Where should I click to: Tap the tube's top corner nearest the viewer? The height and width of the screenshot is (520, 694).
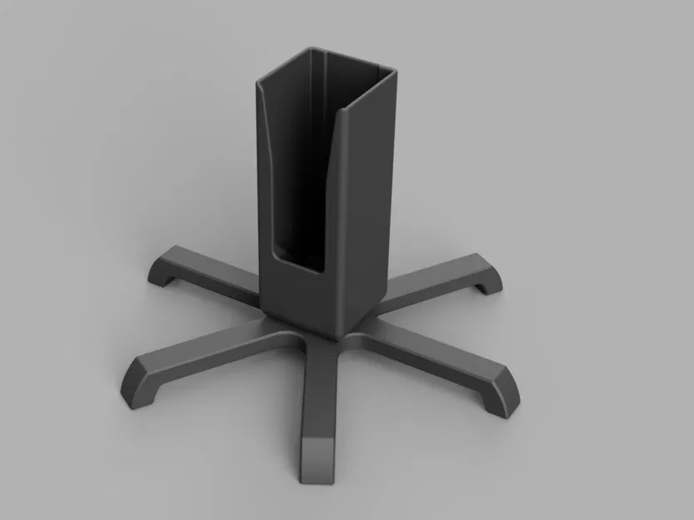(x=351, y=111)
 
